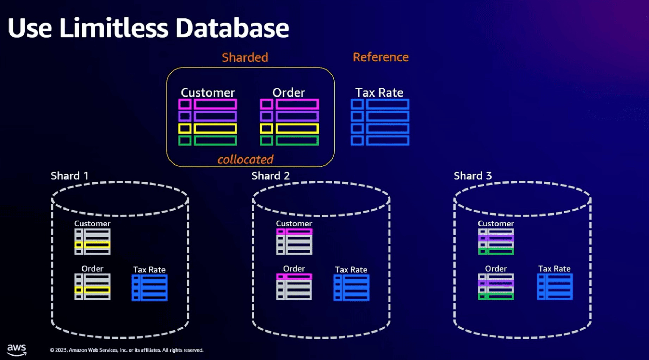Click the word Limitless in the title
pos(113,28)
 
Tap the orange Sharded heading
pos(245,57)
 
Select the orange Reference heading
pos(381,57)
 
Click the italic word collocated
pos(245,160)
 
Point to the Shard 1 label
pos(69,176)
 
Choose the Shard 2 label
pos(270,176)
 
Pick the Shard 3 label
pos(472,176)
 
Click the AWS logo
pos(17,349)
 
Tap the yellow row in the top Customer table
pos(208,129)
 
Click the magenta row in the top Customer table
pos(208,104)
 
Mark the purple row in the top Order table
pos(289,116)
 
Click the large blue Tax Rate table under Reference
pos(380,122)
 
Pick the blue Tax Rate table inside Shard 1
pos(149,288)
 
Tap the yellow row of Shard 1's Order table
pos(92,290)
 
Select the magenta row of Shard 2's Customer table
pos(294,232)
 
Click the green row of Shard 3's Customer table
pos(496,252)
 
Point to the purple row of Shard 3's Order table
pos(496,283)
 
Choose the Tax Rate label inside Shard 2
pos(351,269)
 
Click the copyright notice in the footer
pos(126,350)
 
